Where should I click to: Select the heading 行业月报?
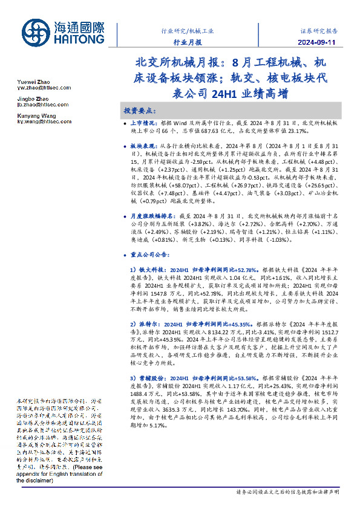pos(188,42)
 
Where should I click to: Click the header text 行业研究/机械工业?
pos(188,29)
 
